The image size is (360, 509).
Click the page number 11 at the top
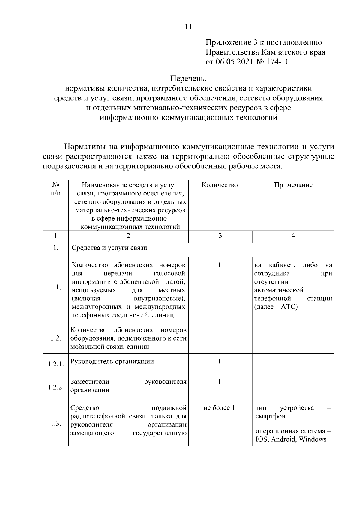click(188, 27)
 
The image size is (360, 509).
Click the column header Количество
click(220, 185)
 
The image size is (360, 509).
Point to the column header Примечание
click(293, 185)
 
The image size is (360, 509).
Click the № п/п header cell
click(55, 189)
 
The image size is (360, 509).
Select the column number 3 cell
click(220, 236)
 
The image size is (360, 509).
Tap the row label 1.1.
click(56, 287)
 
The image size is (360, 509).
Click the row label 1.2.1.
click(56, 364)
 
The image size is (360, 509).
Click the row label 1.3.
click(56, 424)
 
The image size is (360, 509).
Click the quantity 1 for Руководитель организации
click(220, 361)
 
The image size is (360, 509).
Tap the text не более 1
click(219, 408)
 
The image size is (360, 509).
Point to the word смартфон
click(271, 416)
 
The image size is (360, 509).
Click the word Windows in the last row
click(313, 439)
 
